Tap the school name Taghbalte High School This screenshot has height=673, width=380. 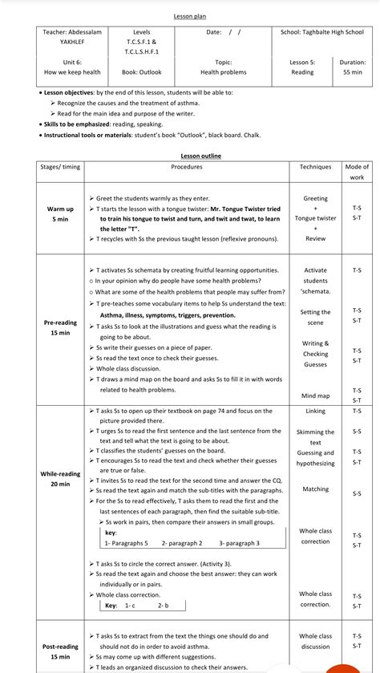pyautogui.click(x=321, y=32)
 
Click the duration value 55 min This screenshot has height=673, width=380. pyautogui.click(x=352, y=72)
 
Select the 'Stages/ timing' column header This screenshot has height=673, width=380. pyautogui.click(x=60, y=167)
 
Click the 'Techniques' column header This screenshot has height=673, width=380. pyautogui.click(x=315, y=167)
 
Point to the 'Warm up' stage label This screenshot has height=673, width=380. pyautogui.click(x=60, y=209)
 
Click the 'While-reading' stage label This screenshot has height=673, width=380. pyautogui.click(x=60, y=473)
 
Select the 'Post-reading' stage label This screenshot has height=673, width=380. pyautogui.click(x=60, y=646)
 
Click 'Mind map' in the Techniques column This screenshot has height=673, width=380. pyautogui.click(x=315, y=395)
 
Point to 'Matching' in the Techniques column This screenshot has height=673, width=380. pyautogui.click(x=315, y=489)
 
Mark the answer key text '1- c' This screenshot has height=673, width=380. pyautogui.click(x=129, y=606)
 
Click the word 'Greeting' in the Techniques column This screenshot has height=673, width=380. pyautogui.click(x=315, y=198)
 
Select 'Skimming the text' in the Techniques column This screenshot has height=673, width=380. pyautogui.click(x=315, y=437)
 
